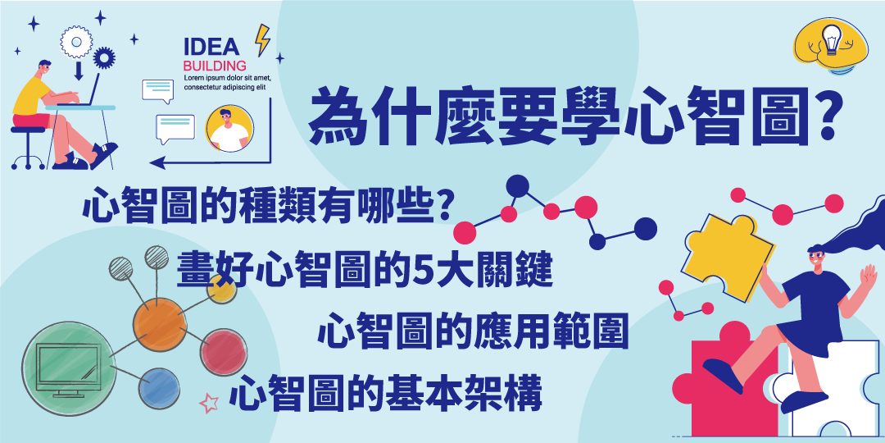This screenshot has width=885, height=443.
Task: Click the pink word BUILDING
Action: pos(215,65)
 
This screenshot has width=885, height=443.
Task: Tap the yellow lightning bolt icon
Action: pos(262,39)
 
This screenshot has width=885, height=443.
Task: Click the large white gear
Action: pos(76,42)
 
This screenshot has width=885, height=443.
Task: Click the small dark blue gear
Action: pos(104,57)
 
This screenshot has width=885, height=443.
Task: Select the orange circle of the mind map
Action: pos(160,324)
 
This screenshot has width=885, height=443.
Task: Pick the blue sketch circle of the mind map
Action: pos(159,388)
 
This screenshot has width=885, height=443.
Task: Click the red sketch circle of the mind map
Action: pos(224,352)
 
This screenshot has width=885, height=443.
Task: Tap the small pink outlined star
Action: pos(209,403)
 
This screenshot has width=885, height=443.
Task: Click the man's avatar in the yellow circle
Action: pos(229,129)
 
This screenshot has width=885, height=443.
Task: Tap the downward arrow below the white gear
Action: pos(79,70)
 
